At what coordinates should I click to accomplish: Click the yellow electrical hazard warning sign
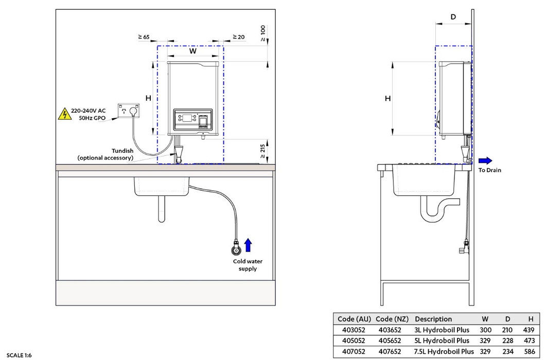point(64,114)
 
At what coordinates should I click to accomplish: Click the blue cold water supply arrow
point(248,245)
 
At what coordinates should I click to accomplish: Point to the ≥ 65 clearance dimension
point(144,37)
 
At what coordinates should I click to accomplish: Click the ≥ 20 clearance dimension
point(238,37)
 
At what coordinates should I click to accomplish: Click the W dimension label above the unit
point(193,51)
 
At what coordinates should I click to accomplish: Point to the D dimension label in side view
point(453,17)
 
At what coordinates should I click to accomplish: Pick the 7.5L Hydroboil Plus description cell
point(444,352)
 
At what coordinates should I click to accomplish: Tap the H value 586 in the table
point(529,352)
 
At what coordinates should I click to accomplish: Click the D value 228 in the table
point(507,340)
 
